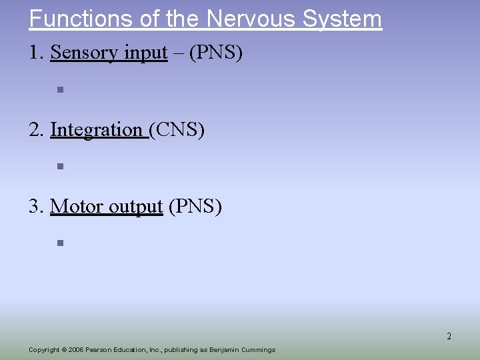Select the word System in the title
coord(342,18)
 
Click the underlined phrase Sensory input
coord(109,53)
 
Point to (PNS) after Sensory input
coord(216,53)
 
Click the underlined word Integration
coord(97,129)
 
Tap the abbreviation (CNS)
coord(177,129)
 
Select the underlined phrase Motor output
coord(106,207)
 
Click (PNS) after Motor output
coord(195,207)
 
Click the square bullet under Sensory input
coord(59,89)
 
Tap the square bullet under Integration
coord(59,167)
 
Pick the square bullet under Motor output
coord(59,243)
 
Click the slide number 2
coord(449,337)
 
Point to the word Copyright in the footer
coord(43,350)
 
